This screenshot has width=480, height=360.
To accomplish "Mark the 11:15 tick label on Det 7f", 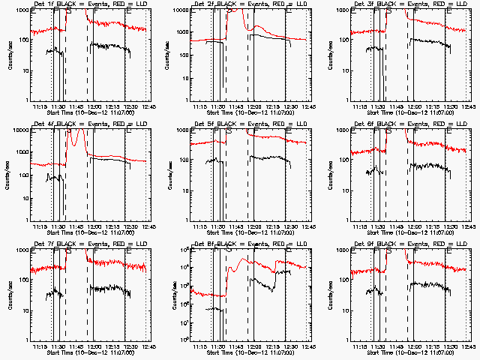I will pyautogui.click(x=40, y=345).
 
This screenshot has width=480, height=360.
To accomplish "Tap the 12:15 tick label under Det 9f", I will pyautogui.click(x=430, y=345).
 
